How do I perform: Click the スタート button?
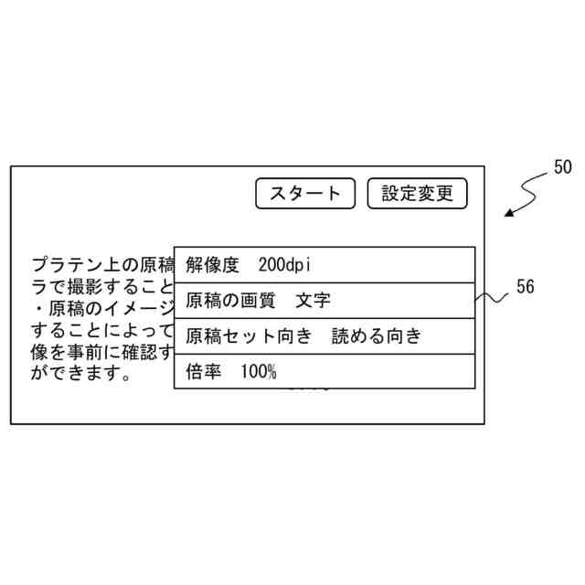point(305,193)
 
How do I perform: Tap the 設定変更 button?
point(417,193)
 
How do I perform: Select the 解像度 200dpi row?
point(324,265)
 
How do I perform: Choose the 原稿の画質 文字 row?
point(324,300)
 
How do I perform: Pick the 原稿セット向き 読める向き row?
point(324,335)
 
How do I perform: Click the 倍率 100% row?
point(324,371)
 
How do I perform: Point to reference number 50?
point(562,167)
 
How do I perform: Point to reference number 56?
point(525,287)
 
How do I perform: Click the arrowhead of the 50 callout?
point(508,214)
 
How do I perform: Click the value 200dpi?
point(285,265)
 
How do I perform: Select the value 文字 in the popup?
point(314,300)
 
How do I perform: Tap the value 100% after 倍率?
point(259,371)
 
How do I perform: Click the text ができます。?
point(82,373)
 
